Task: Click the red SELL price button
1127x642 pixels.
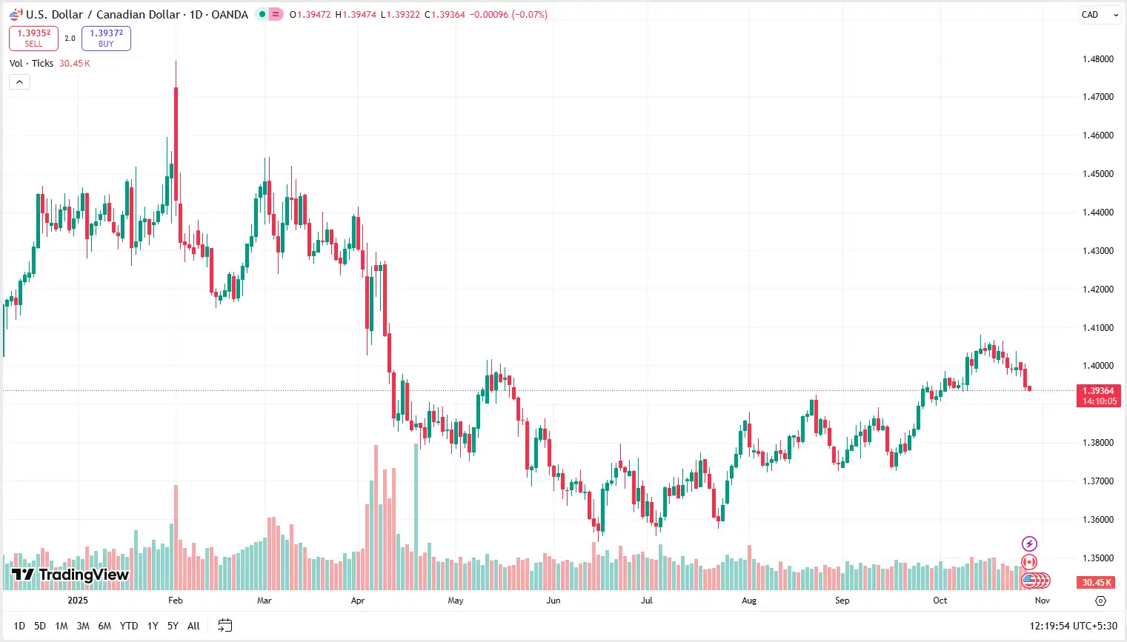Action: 33,38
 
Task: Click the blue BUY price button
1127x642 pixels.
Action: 106,38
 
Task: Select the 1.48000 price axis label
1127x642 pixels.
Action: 1097,59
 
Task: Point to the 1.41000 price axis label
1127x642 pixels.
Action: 1097,328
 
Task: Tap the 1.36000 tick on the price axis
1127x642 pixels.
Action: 1097,520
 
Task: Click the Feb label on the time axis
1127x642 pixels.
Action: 175,601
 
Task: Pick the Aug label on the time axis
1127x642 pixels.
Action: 749,601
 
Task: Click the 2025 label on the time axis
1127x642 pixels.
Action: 78,601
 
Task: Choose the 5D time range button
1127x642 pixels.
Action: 40,626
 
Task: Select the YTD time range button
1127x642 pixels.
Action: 129,626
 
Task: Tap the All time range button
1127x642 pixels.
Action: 193,626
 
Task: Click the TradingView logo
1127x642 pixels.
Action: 70,575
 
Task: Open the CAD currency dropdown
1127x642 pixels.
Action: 1099,15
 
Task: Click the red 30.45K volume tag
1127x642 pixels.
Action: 1097,583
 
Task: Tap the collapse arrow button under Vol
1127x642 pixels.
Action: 19,82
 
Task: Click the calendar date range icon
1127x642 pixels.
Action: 225,626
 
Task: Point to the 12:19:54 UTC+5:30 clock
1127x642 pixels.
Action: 1073,626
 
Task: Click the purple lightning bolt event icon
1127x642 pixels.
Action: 1029,544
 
